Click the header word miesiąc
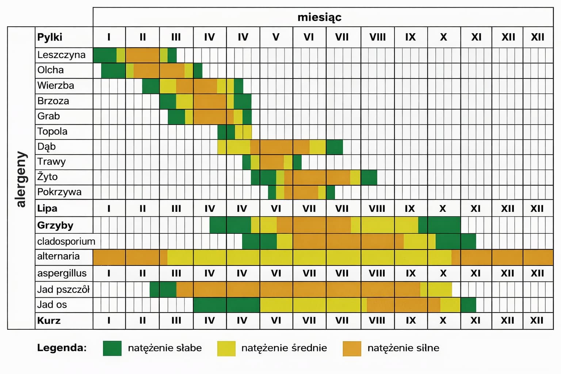point(319,17)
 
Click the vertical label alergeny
point(21,179)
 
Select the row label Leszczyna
point(61,55)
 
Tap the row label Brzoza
point(53,101)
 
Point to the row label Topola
point(52,131)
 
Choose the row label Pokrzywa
point(59,192)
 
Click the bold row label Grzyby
point(55,225)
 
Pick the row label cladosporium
point(66,241)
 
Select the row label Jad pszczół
point(63,290)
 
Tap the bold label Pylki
point(50,37)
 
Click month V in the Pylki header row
point(276,37)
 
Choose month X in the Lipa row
point(443,209)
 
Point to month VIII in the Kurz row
point(377,321)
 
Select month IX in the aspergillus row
point(411,273)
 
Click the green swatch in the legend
point(112,348)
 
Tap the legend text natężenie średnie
point(284,348)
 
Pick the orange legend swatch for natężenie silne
point(352,348)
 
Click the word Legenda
point(62,348)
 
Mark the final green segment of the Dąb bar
point(334,147)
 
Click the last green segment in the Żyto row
point(369,177)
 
